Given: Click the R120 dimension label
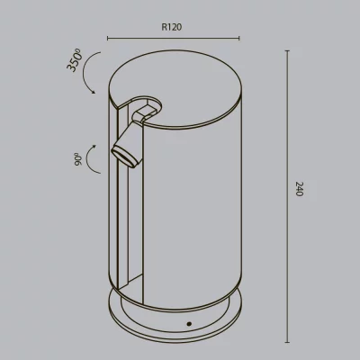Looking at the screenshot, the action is tap(172, 27).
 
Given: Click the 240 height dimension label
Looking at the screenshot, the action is tap(300, 189).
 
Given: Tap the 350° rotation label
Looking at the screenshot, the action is tap(74, 61).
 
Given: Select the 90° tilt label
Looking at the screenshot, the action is tap(78, 159).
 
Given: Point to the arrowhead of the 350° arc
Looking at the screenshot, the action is tap(94, 92).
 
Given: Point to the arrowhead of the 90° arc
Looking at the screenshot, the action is tap(94, 147).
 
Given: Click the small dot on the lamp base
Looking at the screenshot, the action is tap(189, 324).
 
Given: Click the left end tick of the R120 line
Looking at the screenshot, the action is tap(108, 38).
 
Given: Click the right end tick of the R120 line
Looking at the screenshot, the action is tap(239, 38).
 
